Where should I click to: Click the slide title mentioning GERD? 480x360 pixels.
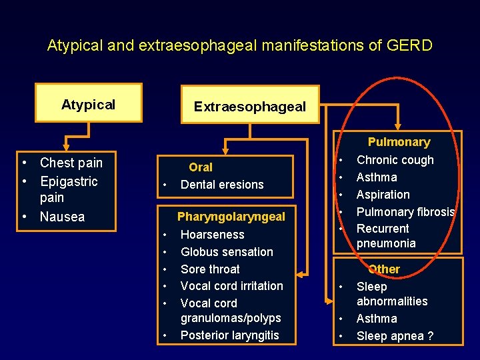pyautogui.click(x=240, y=46)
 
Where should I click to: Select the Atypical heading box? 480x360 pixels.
pyautogui.click(x=88, y=103)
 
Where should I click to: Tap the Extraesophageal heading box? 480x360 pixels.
pyautogui.click(x=249, y=106)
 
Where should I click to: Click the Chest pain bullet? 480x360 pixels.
pyautogui.click(x=71, y=163)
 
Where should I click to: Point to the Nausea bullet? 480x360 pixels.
pyautogui.click(x=62, y=217)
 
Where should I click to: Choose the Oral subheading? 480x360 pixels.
pyautogui.click(x=201, y=167)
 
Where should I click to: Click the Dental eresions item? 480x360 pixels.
pyautogui.click(x=222, y=185)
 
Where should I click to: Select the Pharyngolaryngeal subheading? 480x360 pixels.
pyautogui.click(x=231, y=217)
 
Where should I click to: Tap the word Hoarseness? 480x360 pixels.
pyautogui.click(x=212, y=235)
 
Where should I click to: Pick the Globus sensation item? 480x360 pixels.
pyautogui.click(x=227, y=252)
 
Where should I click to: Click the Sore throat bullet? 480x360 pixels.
pyautogui.click(x=210, y=269)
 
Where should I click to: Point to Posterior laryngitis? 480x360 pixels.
pyautogui.click(x=229, y=335)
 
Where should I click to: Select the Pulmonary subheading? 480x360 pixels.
pyautogui.click(x=399, y=142)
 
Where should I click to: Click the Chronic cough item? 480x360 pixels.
pyautogui.click(x=395, y=160)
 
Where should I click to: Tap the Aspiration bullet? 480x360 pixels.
pyautogui.click(x=383, y=195)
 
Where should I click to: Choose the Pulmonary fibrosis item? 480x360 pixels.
pyautogui.click(x=405, y=212)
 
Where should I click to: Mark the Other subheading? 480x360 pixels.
pyautogui.click(x=384, y=269)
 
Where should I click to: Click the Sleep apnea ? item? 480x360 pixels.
pyautogui.click(x=395, y=336)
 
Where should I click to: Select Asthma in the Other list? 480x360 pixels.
pyautogui.click(x=377, y=319)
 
